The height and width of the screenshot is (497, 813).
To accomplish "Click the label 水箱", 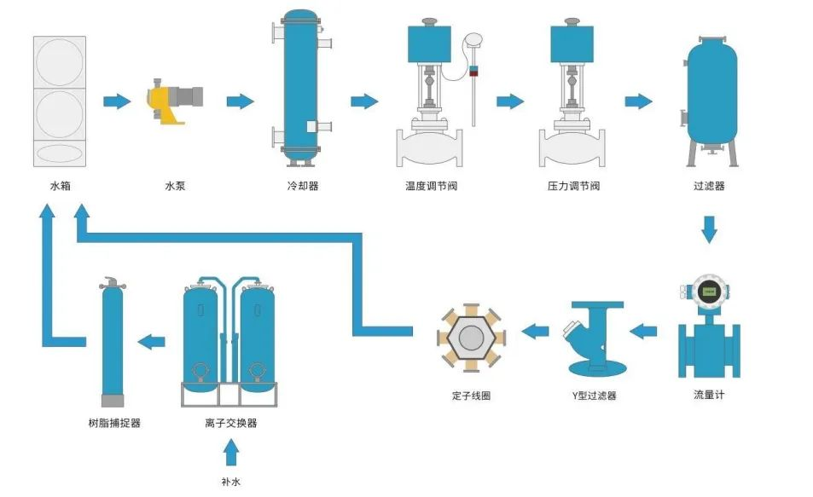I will point(59,185).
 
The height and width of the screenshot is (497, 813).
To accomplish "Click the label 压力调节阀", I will point(573,185).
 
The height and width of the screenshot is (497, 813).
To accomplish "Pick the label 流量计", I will point(709,395).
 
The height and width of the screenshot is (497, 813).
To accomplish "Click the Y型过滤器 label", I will point(594,396).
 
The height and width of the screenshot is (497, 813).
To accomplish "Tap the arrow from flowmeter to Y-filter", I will point(643,329).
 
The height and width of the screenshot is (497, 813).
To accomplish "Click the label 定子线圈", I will point(472,396).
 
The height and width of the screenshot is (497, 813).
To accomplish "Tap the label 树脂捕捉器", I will point(114,422).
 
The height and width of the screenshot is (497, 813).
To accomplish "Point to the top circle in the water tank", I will point(60,61).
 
